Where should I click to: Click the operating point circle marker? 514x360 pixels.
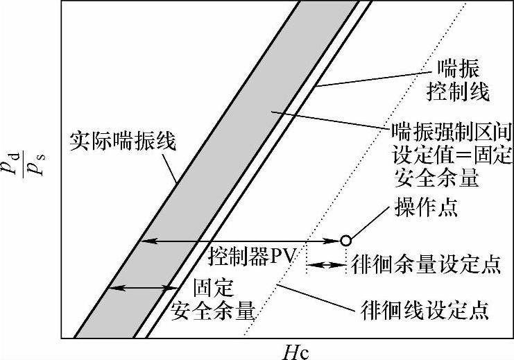[345, 241]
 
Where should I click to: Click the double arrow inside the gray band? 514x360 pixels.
[142, 287]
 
